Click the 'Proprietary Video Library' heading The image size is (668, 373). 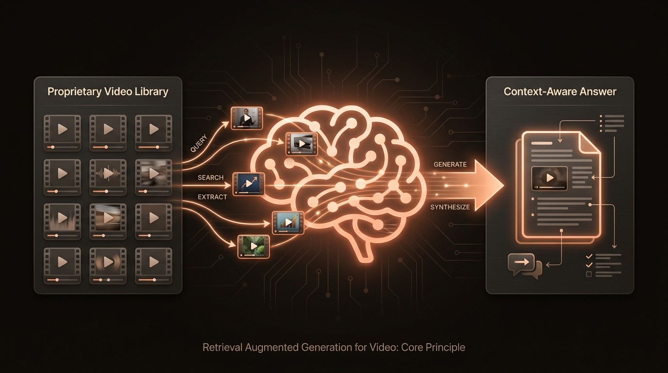(108, 92)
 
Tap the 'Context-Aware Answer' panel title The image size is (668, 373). (560, 92)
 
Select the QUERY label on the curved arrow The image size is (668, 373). (199, 143)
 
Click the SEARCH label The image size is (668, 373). (211, 178)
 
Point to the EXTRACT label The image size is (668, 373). (212, 197)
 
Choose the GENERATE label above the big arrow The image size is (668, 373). (450, 165)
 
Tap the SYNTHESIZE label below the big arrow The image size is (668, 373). (450, 207)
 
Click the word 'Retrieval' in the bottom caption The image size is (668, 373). (221, 348)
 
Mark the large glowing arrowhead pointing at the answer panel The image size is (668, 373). (488, 186)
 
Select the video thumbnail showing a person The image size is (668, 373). (247, 118)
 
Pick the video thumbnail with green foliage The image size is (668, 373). (253, 246)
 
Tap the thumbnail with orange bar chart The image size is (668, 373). (287, 222)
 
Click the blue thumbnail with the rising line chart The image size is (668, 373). (249, 184)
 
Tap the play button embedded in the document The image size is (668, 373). (550, 178)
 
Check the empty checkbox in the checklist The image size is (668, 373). (589, 274)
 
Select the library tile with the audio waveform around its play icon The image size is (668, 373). (108, 173)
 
